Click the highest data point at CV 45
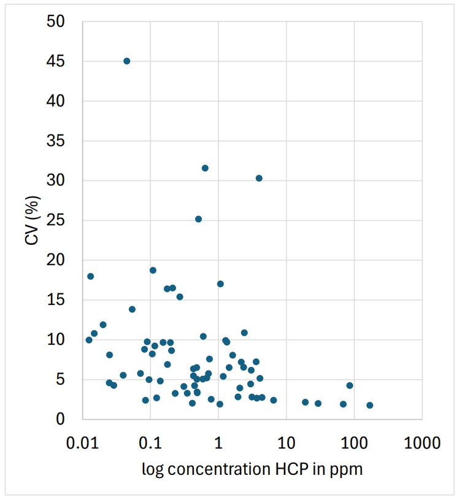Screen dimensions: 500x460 (x=126, y=61)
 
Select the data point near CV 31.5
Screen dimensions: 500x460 (x=205, y=168)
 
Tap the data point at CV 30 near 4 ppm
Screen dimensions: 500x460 (x=259, y=178)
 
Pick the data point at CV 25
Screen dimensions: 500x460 (x=198, y=219)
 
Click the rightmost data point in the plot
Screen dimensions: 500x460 (x=369, y=405)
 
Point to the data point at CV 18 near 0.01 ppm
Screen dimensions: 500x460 (x=90, y=276)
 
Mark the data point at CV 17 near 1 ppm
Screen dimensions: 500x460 (x=220, y=283)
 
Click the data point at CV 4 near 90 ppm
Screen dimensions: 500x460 (x=350, y=385)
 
